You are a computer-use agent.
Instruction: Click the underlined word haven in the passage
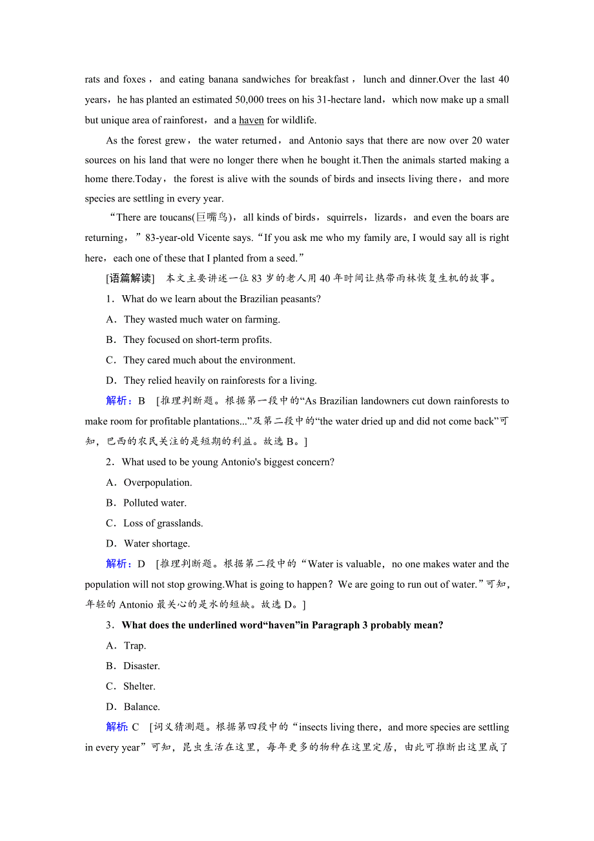point(251,120)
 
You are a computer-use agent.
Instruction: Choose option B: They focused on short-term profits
point(197,340)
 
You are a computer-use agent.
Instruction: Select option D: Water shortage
point(156,544)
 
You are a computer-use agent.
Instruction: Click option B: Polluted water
point(154,503)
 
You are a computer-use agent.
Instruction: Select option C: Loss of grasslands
point(163,523)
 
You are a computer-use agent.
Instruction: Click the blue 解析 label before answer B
point(118,401)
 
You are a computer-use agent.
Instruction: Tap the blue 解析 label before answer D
point(118,564)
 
